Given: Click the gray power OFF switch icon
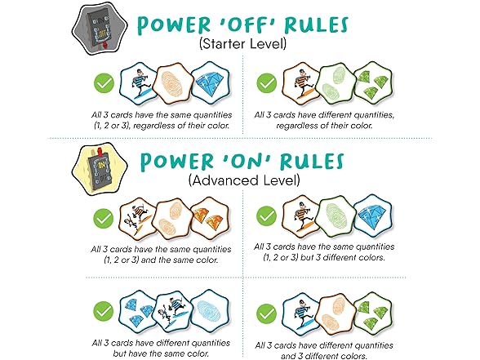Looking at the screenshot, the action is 100,29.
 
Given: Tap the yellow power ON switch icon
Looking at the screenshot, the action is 100,169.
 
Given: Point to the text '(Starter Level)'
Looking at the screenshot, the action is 242,43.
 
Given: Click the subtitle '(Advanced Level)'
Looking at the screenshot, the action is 244,180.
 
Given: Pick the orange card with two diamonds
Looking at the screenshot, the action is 210,218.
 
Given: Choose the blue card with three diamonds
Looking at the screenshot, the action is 137,311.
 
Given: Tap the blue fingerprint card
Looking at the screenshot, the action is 210,311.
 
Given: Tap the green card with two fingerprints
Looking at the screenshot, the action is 336,83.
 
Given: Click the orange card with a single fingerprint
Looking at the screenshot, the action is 174,82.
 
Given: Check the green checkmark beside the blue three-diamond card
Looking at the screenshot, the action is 104,311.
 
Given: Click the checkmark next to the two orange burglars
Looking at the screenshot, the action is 104,219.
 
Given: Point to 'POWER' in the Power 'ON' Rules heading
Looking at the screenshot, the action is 177,162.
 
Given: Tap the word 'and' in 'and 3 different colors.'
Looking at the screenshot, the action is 287,356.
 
